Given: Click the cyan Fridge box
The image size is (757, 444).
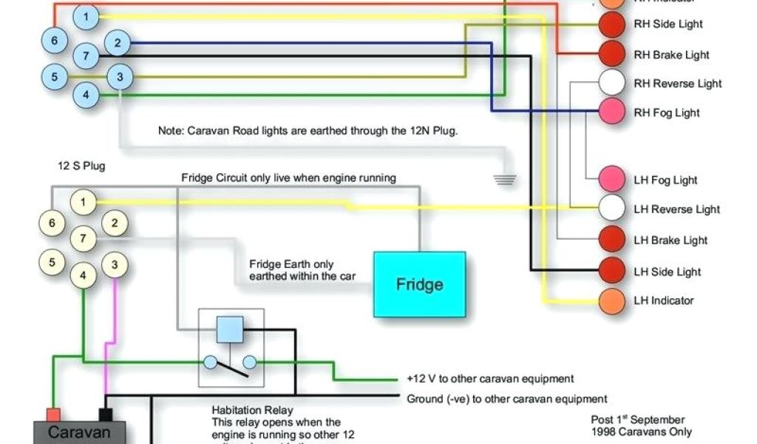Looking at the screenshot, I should [x=419, y=284].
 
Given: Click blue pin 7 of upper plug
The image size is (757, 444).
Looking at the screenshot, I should [x=86, y=55].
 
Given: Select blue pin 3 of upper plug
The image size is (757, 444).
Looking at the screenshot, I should [x=120, y=76].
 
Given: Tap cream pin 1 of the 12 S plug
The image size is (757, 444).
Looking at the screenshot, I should [x=84, y=201].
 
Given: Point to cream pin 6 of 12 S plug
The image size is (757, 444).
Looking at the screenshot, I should [x=52, y=223].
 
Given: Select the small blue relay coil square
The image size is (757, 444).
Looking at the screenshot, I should [x=230, y=329].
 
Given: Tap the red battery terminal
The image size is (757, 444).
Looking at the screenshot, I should [x=53, y=414].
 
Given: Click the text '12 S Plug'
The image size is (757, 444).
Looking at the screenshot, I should [x=81, y=166].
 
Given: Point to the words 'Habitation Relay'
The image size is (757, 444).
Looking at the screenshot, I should [x=252, y=410].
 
